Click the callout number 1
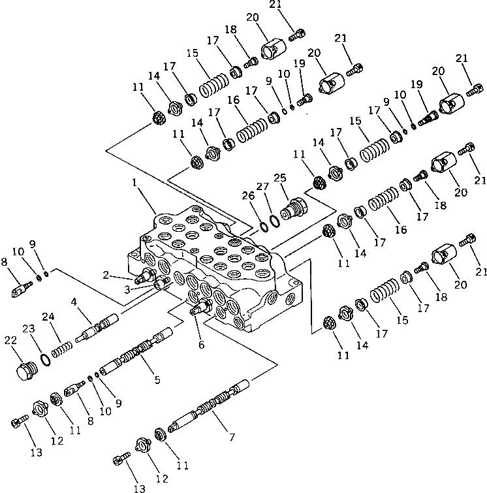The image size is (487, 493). point(134,183)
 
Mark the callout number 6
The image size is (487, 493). point(201,344)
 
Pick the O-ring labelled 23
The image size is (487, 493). point(46,358)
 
